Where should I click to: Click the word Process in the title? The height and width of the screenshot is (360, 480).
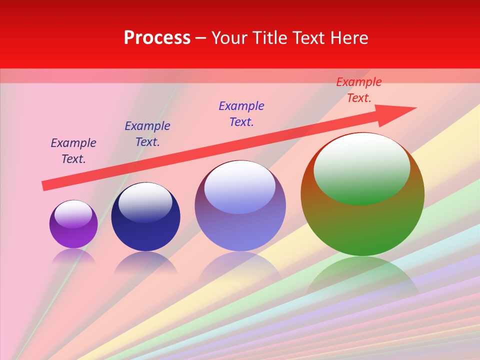tap(157, 38)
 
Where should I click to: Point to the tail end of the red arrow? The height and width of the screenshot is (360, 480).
tap(45, 185)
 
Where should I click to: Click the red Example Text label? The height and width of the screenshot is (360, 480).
tap(358, 90)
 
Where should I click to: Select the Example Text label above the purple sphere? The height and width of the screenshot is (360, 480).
tap(73, 151)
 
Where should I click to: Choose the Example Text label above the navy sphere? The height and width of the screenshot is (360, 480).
tap(147, 134)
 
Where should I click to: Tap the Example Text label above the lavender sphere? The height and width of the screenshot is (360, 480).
tap(241, 114)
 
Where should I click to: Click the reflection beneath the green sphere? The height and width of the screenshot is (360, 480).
tap(362, 275)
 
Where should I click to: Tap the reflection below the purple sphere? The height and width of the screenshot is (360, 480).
tap(73, 256)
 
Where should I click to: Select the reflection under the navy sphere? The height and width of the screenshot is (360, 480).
tap(145, 262)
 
